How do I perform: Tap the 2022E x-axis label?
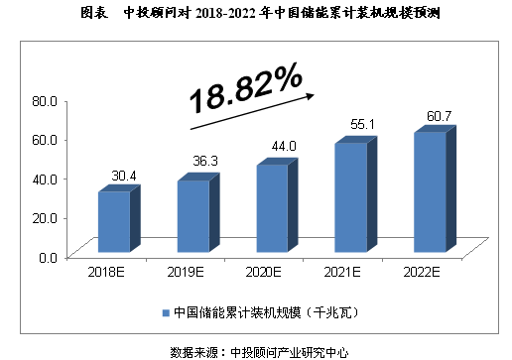419,271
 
